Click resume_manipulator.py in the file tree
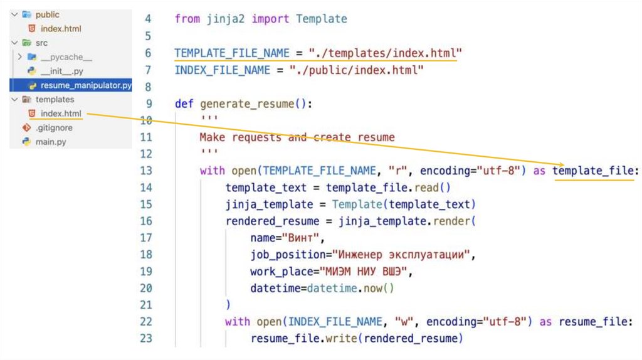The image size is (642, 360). (86, 85)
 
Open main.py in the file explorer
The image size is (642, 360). (51, 142)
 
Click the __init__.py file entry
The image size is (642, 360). (62, 71)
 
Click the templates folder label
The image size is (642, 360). (55, 100)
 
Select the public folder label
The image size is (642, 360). (48, 14)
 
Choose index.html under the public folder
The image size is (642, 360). (61, 29)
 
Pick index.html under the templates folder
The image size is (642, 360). (61, 114)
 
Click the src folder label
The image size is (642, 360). (41, 43)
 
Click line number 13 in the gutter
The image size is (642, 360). (145, 171)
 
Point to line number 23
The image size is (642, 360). (145, 339)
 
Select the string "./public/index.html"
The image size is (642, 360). (356, 70)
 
